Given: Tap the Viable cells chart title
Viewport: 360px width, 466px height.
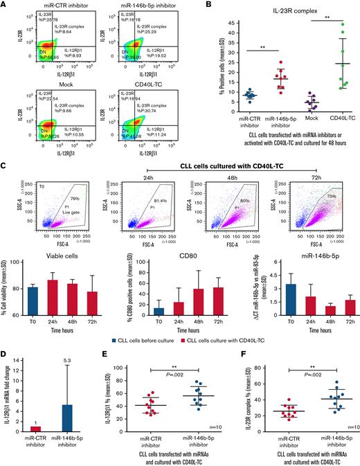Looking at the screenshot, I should pos(54,242).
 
